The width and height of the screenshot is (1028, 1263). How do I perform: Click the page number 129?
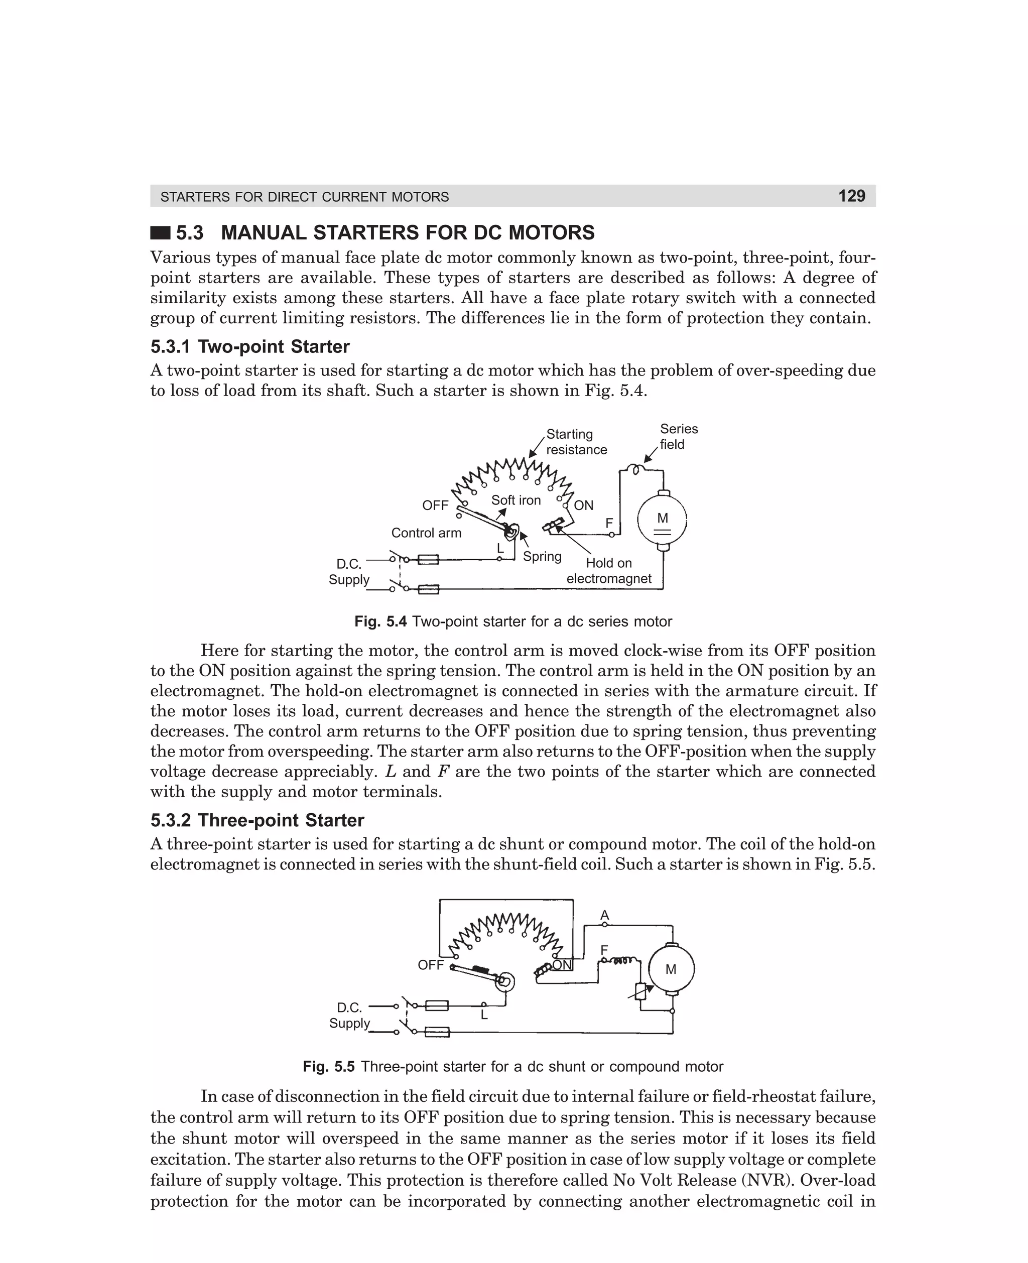coord(851,196)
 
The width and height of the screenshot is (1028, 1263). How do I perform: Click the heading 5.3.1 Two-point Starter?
coord(249,346)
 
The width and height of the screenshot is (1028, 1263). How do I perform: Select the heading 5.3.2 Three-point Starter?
coord(257,820)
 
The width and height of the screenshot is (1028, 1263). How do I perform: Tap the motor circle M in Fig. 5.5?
coord(671,969)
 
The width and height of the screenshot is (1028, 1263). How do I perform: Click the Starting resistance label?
coord(576,442)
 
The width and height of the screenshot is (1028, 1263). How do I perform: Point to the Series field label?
coord(679,436)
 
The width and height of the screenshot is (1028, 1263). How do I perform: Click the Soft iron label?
coord(516,500)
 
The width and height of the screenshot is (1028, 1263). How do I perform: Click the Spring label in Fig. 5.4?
coord(542,557)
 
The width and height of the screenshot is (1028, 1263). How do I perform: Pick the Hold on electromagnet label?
coord(609,571)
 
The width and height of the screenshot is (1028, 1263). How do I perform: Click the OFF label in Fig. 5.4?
coord(435,506)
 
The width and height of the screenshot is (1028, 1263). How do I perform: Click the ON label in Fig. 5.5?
coord(562,965)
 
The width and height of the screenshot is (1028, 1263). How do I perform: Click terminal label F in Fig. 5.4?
coord(609,524)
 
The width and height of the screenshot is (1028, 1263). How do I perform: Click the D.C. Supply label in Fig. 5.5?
coord(349,1016)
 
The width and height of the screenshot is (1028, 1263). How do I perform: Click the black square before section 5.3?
coord(160,233)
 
